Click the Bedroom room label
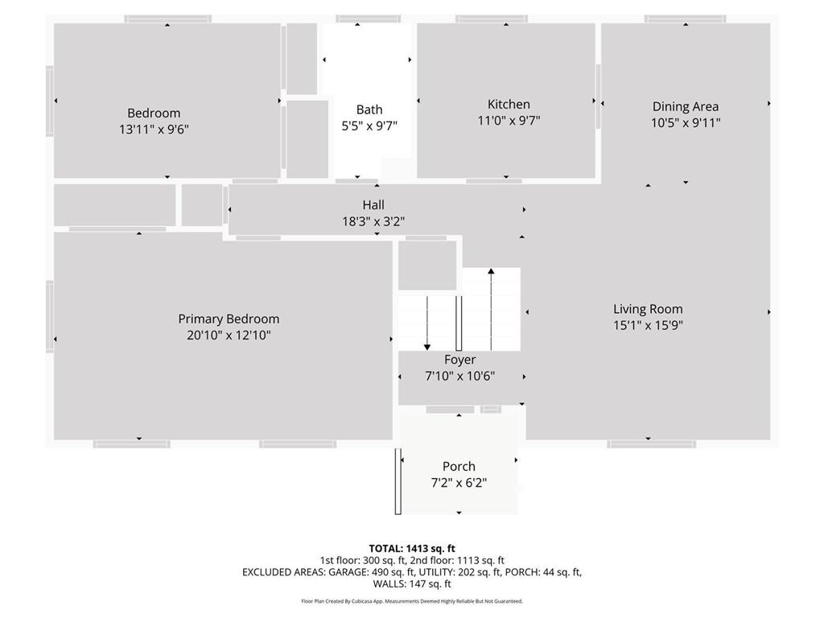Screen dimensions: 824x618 pos(154,113)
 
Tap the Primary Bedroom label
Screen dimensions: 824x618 pos(229,319)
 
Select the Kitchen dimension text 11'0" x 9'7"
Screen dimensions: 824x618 pos(509,121)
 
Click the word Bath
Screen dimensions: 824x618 pos(369,109)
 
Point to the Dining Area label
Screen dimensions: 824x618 pos(686,107)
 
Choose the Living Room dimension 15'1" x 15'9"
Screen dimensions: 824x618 pos(648,325)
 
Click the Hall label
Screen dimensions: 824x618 pos(373,205)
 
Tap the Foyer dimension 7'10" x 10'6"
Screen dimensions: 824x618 pos(459,377)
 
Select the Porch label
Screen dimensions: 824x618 pos(459,466)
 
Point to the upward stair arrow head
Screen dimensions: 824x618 pos(491,271)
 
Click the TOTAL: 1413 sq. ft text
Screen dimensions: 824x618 pos(412,549)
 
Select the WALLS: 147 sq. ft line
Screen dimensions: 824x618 pos(412,584)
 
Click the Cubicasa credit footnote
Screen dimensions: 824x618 pos(412,601)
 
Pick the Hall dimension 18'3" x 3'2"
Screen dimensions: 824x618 pos(373,221)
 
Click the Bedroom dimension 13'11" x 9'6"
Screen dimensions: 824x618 pos(154,130)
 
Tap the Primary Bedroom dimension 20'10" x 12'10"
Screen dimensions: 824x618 pos(229,336)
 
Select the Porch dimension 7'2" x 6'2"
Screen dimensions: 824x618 pos(459,483)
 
